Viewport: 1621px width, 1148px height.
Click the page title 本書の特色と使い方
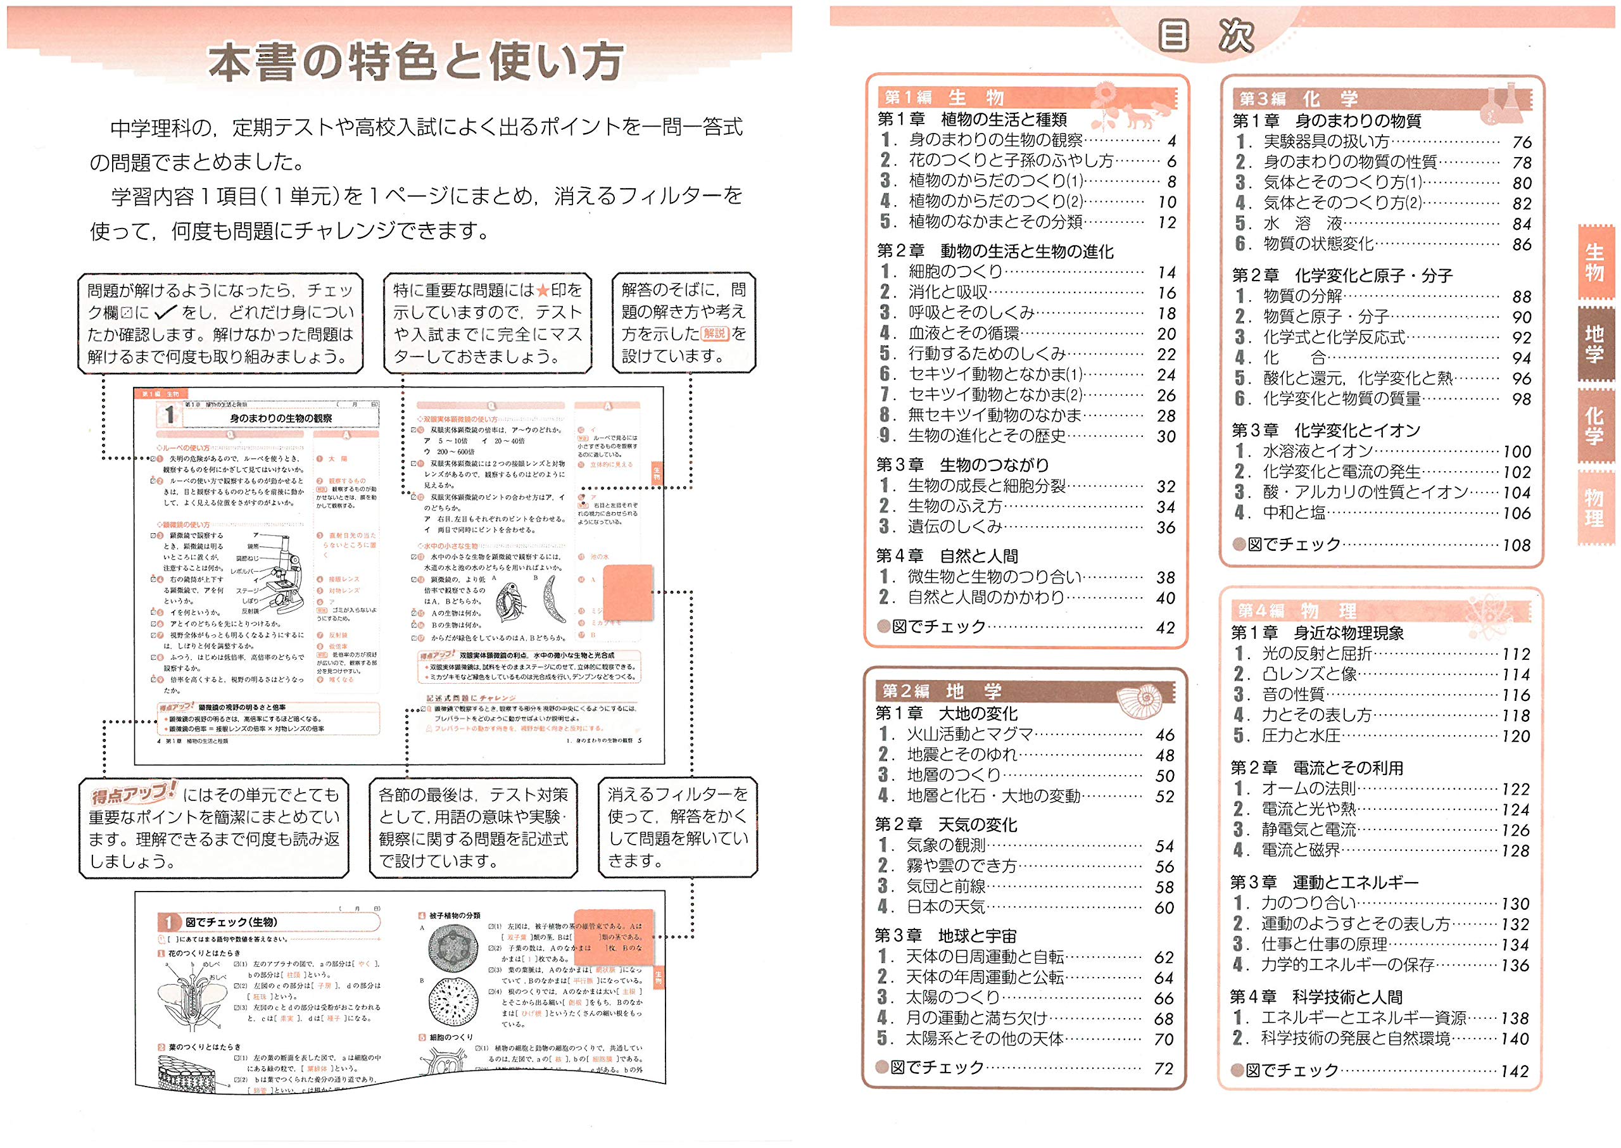click(x=415, y=62)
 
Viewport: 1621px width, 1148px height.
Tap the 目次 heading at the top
click(x=1206, y=35)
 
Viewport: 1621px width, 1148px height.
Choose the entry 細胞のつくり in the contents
click(x=956, y=272)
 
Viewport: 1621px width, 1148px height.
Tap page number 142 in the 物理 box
click(x=1515, y=1071)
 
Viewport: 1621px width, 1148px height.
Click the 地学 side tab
click(x=1594, y=344)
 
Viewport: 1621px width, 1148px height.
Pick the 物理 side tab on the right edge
click(x=1594, y=508)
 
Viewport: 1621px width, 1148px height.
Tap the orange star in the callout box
click(x=542, y=291)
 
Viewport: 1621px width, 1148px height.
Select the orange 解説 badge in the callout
click(x=715, y=333)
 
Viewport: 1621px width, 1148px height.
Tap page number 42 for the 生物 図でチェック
click(x=1165, y=627)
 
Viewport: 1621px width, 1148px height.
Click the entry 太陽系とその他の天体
click(x=985, y=1038)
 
